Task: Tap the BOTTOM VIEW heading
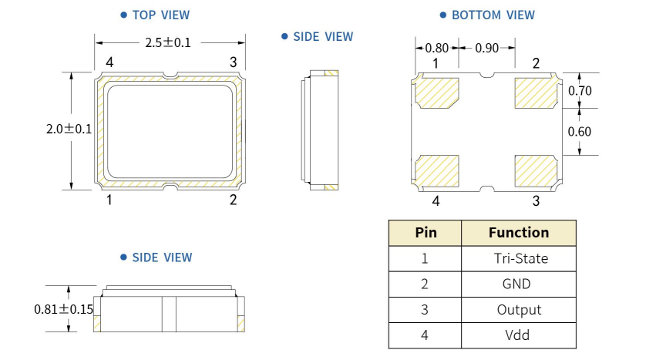493,15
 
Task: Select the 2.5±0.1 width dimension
168,42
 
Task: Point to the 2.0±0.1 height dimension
69,130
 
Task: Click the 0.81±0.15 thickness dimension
63,309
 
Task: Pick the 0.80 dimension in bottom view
436,48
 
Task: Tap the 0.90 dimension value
486,48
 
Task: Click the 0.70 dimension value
580,91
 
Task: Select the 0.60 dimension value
580,131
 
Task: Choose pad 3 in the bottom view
535,171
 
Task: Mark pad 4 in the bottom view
437,171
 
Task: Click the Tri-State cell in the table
520,258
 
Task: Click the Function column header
519,232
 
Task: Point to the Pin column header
425,232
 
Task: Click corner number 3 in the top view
233,62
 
